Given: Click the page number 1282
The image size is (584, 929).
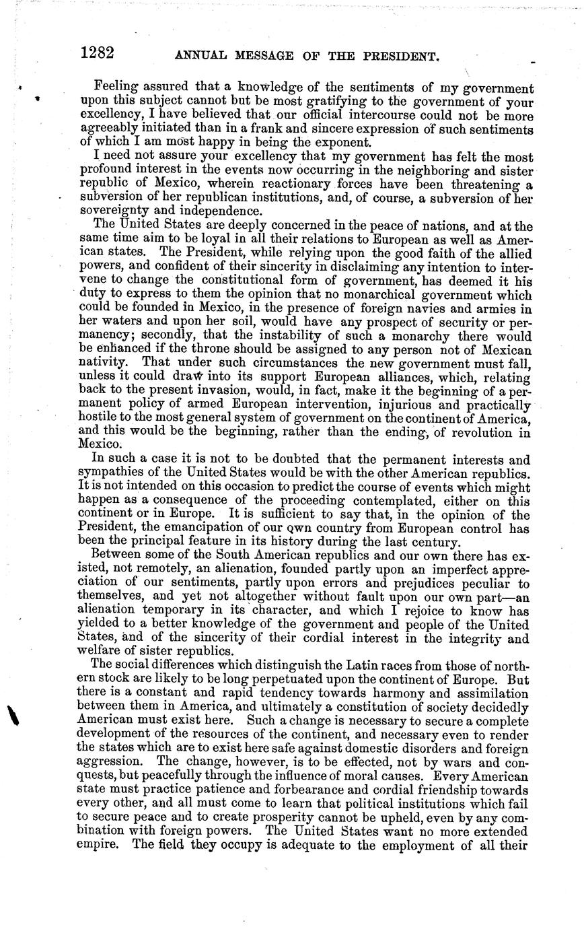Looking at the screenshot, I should pos(97,53).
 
